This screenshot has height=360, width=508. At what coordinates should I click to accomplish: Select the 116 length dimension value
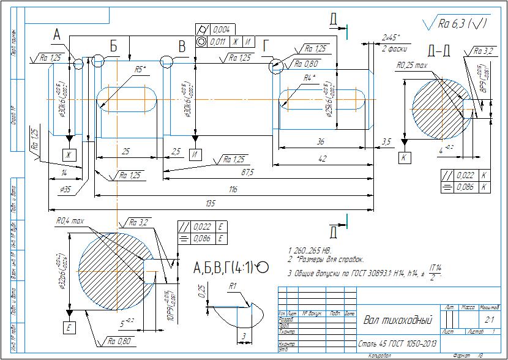pyautogui.click(x=233, y=190)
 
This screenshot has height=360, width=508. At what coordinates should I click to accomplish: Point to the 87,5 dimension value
pyautogui.click(x=247, y=173)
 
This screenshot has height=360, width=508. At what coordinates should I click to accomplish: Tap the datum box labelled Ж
pyautogui.click(x=70, y=154)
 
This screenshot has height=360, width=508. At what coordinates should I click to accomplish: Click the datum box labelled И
pyautogui.click(x=195, y=154)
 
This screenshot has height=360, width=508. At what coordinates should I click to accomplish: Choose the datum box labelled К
pyautogui.click(x=405, y=157)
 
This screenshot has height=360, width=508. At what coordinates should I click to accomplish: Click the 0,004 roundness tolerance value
pyautogui.click(x=221, y=29)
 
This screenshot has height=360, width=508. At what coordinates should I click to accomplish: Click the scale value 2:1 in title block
pyautogui.click(x=489, y=319)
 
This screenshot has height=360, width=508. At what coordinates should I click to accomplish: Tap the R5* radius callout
pyautogui.click(x=140, y=70)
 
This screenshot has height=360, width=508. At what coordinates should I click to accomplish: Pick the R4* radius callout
pyautogui.click(x=310, y=78)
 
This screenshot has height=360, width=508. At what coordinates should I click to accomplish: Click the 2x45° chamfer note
pyautogui.click(x=390, y=37)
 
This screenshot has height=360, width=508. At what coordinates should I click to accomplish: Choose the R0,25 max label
pyautogui.click(x=411, y=64)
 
